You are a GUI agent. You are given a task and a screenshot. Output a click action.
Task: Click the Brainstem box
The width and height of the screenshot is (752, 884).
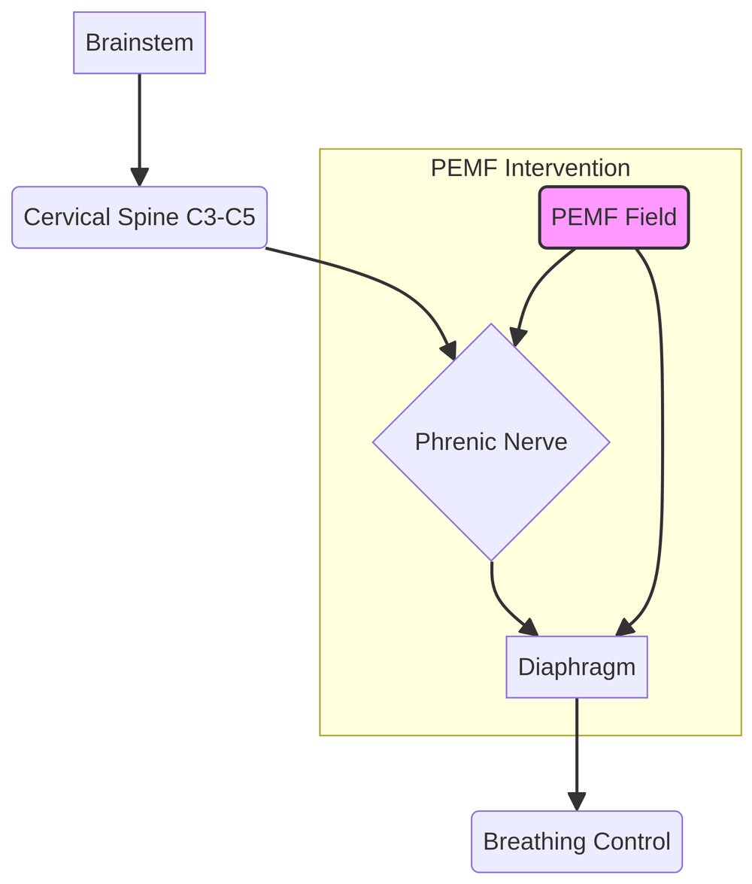[139, 43]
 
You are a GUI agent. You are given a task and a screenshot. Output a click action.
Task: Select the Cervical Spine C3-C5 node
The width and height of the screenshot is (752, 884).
[139, 217]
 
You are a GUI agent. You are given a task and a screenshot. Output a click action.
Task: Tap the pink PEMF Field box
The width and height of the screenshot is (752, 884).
[614, 217]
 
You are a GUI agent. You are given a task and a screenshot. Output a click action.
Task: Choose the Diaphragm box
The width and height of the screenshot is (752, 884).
[576, 667]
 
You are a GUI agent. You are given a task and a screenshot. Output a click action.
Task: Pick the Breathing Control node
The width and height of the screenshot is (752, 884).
[576, 841]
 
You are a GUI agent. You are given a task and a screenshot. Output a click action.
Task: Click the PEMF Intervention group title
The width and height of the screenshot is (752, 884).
[530, 168]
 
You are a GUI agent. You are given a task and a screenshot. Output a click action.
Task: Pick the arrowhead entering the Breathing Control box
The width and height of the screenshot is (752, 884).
[576, 801]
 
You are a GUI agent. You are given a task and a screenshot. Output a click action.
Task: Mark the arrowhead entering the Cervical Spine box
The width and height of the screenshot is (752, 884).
[139, 177]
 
